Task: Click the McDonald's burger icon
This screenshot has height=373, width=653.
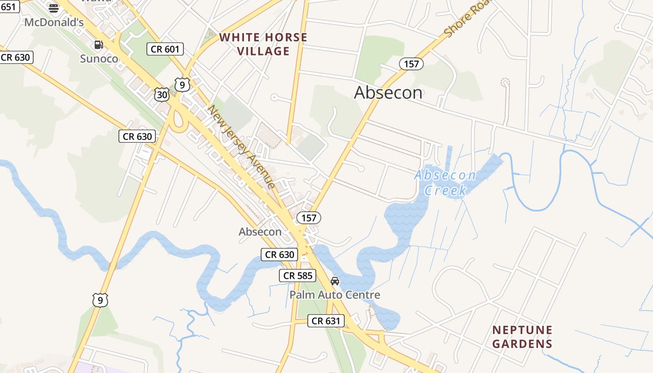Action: (54, 8)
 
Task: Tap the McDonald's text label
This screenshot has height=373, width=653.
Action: (54, 22)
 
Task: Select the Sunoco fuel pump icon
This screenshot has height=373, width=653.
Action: (98, 45)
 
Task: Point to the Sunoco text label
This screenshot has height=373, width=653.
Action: (99, 59)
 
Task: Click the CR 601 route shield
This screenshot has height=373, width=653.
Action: (165, 49)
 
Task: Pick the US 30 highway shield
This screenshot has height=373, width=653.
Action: (162, 95)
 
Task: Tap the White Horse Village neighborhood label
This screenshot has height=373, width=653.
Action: (264, 44)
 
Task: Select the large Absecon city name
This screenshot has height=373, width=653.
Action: (388, 92)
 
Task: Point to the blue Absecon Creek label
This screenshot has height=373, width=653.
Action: (445, 183)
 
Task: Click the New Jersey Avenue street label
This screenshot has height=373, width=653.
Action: (242, 146)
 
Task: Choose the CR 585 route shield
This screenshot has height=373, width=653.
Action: (298, 276)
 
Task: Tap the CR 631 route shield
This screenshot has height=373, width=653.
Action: (326, 321)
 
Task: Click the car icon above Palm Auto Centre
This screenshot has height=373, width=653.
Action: (335, 281)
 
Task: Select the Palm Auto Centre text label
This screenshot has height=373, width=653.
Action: (334, 295)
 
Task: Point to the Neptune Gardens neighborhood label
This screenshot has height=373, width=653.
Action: (522, 337)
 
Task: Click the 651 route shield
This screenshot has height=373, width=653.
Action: (9, 7)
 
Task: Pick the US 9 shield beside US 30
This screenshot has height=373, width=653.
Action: (182, 84)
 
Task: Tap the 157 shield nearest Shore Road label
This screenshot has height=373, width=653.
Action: (411, 64)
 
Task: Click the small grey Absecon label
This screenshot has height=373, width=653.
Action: (260, 231)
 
